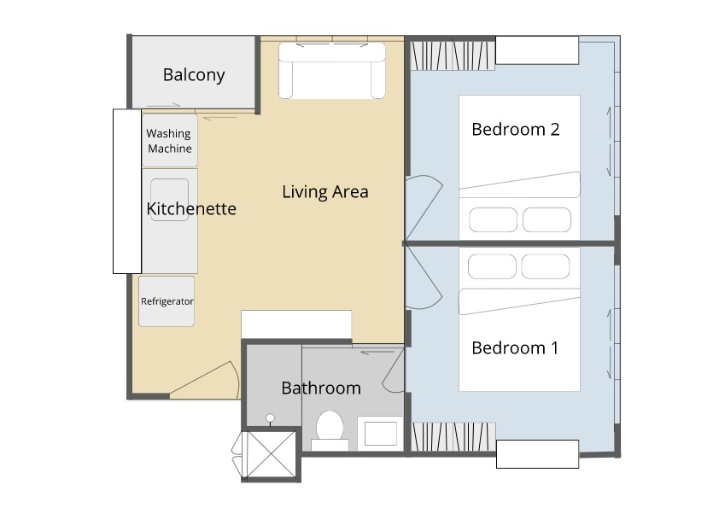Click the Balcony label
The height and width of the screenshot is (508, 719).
coord(194,75)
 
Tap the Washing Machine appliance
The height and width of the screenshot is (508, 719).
coord(170,140)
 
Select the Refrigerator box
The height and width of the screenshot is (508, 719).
coord(167,301)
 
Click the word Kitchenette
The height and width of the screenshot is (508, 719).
coord(191,208)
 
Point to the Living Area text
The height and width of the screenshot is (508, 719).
coord(325,191)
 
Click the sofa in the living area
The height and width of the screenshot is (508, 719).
coord(332,71)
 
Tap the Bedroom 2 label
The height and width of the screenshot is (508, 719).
coord(516,129)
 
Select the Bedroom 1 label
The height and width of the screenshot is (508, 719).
coord(515,348)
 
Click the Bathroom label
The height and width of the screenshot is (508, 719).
coord(321,388)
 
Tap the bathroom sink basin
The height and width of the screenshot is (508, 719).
coord(380,433)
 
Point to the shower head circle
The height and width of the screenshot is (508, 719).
coord(271,417)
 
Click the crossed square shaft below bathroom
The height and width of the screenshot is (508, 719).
coord(271,454)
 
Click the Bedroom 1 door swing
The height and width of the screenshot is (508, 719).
coord(424,277)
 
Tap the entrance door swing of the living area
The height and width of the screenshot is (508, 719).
coord(205,380)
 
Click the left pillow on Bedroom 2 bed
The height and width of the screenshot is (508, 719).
coord(493,219)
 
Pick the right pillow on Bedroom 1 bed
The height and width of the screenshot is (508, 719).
coord(545,266)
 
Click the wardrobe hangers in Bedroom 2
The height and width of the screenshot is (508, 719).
coord(453,56)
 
